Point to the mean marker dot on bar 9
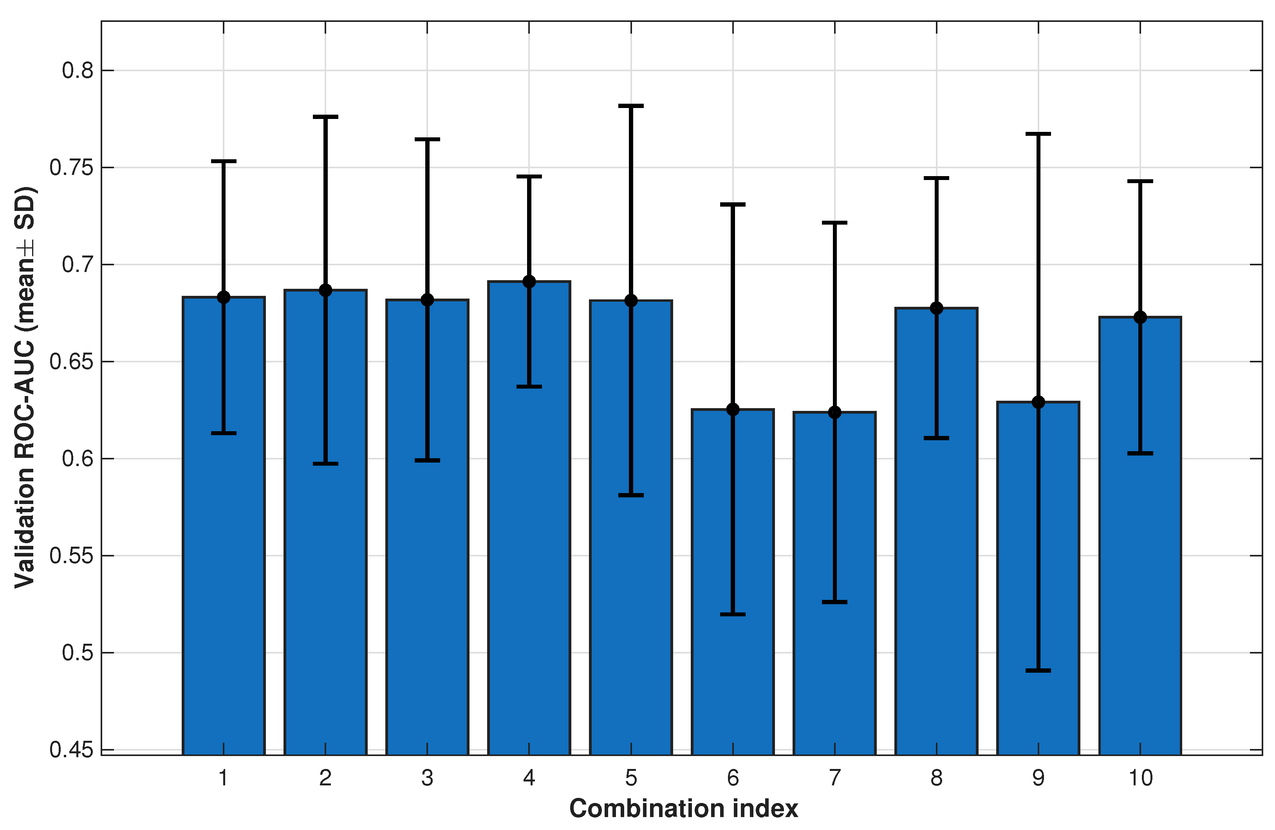coord(1038,402)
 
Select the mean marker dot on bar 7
coord(834,412)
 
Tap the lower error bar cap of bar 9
coord(1038,670)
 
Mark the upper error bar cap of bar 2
coord(325,116)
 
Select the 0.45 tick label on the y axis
coord(71,750)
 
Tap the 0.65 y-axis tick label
coord(71,362)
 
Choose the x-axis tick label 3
coord(427,778)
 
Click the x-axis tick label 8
coord(936,778)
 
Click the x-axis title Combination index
coord(684,808)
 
